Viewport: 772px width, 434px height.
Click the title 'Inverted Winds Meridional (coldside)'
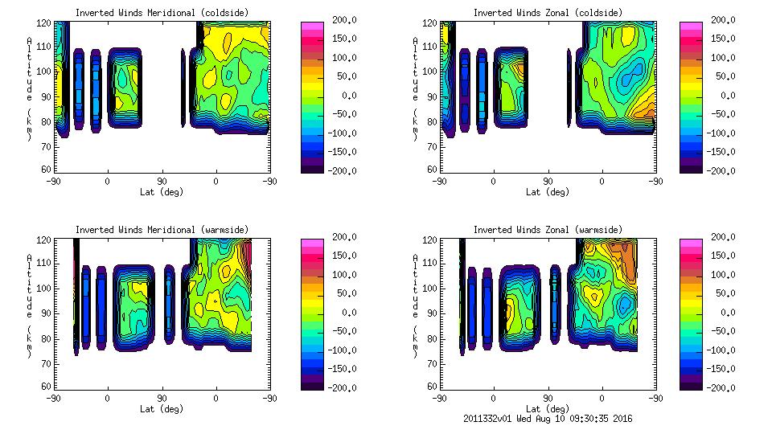click(162, 13)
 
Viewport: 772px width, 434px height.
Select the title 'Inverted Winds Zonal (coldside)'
click(548, 13)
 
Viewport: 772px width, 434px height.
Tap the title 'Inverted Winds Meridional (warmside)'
click(162, 230)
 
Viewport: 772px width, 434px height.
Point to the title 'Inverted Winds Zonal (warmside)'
click(548, 230)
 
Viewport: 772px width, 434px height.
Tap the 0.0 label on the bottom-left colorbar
click(346, 313)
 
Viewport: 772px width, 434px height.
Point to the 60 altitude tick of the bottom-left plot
click(48, 387)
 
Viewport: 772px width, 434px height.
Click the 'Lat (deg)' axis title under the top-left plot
click(161, 192)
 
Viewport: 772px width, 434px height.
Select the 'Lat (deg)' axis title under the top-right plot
click(547, 192)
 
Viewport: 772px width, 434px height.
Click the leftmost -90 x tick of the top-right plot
click(439, 182)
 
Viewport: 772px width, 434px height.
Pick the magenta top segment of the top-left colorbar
click(312, 28)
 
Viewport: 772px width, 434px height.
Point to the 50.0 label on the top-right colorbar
click(723, 76)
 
